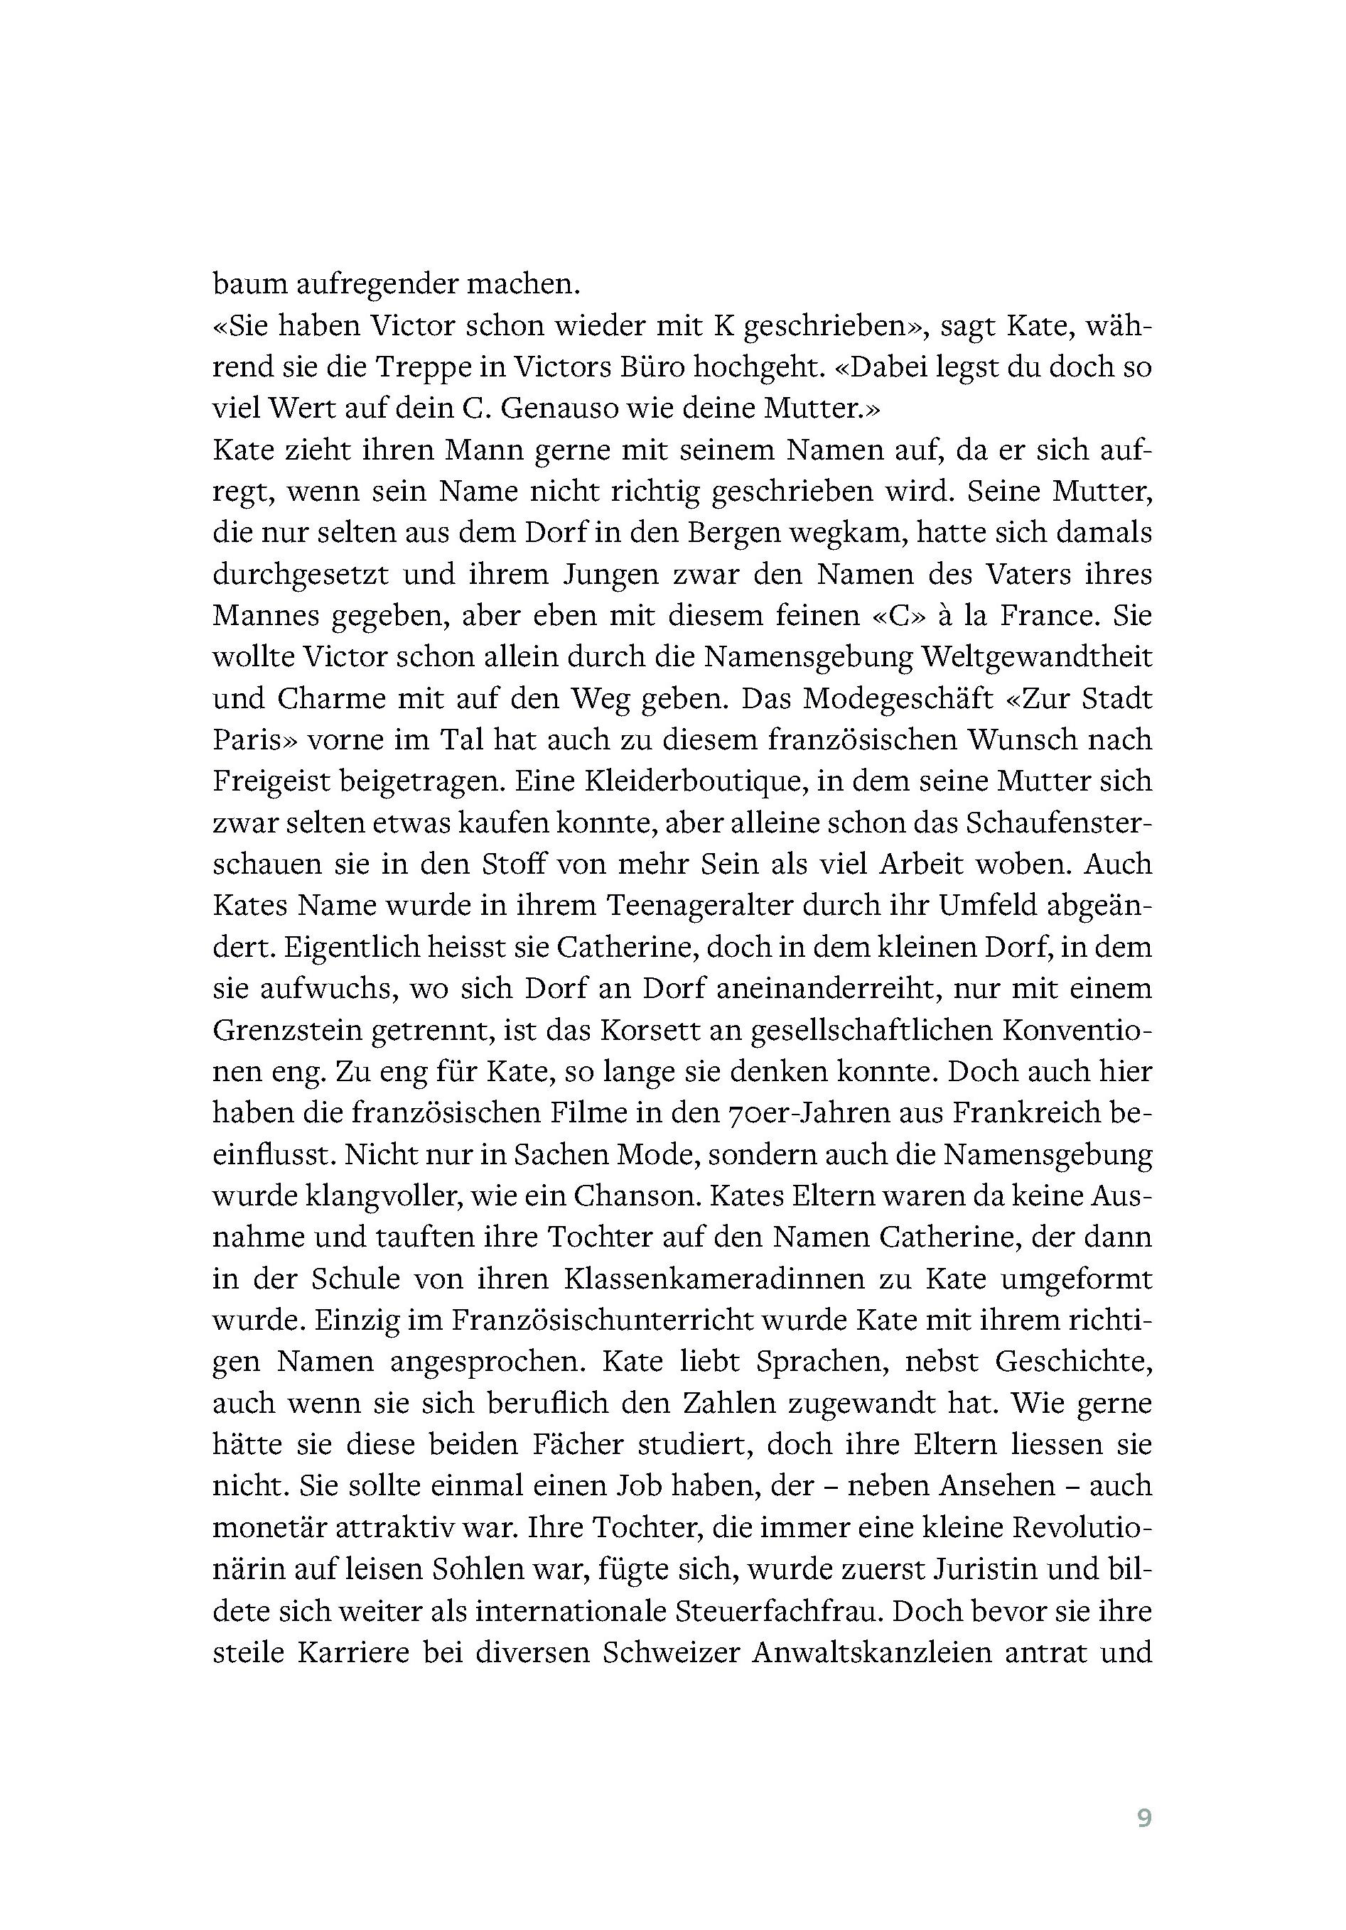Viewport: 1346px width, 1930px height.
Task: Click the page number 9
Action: [x=1143, y=1817]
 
